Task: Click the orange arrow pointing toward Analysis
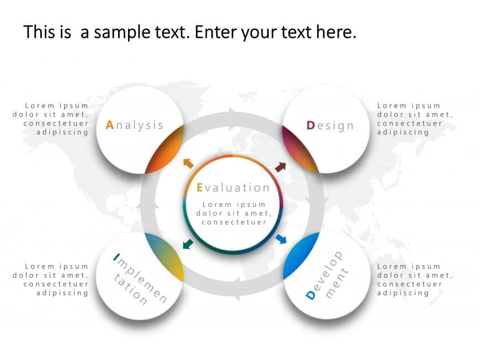coord(188,163)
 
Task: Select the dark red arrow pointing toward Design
coord(281,166)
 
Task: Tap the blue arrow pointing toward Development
coord(281,239)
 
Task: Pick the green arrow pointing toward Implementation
coord(188,243)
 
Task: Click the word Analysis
coord(135,125)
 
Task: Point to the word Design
coord(330,126)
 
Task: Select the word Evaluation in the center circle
coord(233,188)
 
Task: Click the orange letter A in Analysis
coord(109,125)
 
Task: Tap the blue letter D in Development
coord(310,295)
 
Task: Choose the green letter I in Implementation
coord(116,256)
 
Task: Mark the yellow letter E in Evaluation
coord(200,188)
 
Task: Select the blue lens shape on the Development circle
coord(301,255)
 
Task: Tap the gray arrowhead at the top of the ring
coord(232,111)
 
